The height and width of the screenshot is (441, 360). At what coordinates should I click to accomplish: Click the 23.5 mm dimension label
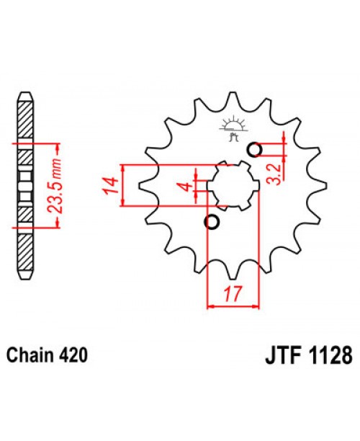pos(54,184)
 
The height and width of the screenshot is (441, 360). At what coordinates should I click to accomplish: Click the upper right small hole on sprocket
pos(253,150)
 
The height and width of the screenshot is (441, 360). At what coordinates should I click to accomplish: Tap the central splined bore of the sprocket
pos(233,186)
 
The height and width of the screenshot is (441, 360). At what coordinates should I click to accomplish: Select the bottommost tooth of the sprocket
pos(232,275)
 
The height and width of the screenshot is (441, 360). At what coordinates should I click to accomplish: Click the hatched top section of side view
pos(24,115)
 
